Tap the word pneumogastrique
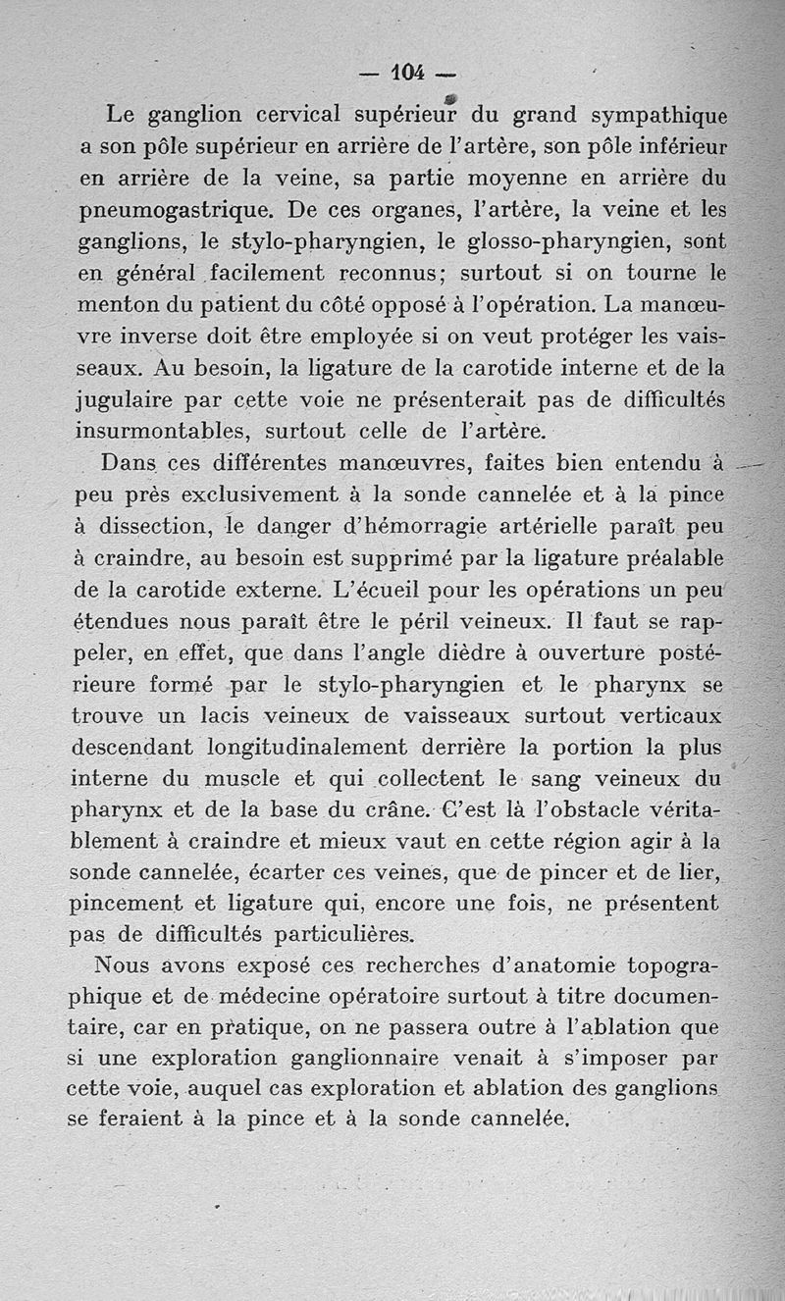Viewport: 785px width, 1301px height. tap(162, 210)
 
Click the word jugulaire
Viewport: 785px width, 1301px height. tap(122, 399)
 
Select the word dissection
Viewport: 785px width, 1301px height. tap(160, 527)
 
